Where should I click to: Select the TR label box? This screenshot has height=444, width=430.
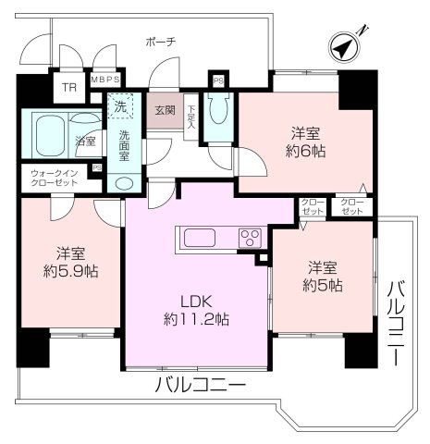(x=68, y=88)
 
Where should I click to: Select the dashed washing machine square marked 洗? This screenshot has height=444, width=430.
(x=120, y=107)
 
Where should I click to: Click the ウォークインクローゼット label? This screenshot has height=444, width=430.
(x=56, y=178)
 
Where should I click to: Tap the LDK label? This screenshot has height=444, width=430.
(x=196, y=301)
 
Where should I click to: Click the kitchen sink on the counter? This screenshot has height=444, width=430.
(x=200, y=238)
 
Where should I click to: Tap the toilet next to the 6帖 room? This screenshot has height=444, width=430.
(x=218, y=113)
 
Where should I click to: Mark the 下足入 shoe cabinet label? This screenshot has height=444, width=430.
(x=190, y=114)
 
